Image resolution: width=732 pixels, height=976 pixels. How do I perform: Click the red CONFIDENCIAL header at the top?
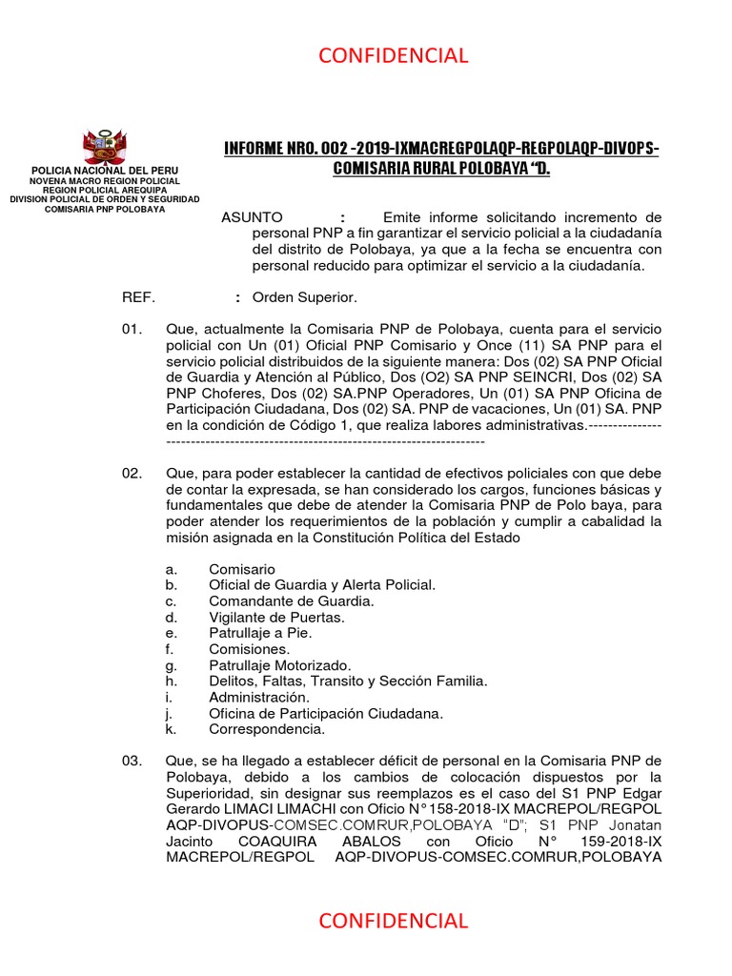click(393, 55)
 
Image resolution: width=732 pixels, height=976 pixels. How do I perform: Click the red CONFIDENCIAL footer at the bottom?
click(393, 921)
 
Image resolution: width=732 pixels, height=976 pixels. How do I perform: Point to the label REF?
click(138, 297)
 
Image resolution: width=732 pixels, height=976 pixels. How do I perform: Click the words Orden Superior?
click(304, 297)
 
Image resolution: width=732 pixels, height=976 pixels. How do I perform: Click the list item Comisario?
click(242, 569)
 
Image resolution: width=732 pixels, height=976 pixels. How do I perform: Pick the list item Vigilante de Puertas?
click(276, 617)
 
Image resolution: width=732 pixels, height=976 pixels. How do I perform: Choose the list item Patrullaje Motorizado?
click(280, 664)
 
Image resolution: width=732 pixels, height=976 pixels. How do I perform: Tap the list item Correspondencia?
click(267, 729)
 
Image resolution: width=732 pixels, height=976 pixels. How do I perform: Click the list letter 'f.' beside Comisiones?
click(170, 649)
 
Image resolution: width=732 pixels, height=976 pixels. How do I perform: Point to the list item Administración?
click(259, 697)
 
